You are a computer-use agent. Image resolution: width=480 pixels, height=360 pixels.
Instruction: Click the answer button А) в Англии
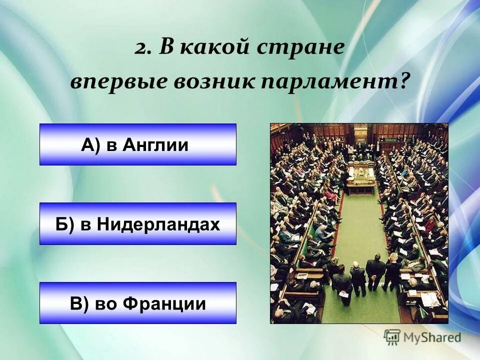(137, 144)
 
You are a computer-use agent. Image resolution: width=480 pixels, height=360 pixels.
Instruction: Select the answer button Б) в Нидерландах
(137, 223)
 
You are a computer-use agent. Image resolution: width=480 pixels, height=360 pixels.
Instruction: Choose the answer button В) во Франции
(137, 303)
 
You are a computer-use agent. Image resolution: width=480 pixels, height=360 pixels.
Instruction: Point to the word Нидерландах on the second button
(158, 224)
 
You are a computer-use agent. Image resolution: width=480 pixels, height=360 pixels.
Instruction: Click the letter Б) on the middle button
(64, 224)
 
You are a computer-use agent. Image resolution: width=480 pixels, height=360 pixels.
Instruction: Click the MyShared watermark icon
(392, 337)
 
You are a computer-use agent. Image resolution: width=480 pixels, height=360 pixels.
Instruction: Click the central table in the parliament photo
(360, 177)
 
